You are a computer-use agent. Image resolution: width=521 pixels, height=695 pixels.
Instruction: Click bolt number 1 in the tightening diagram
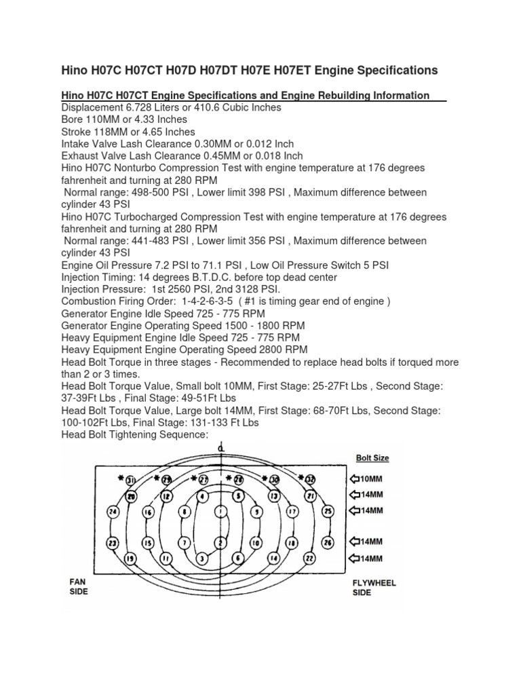(x=219, y=510)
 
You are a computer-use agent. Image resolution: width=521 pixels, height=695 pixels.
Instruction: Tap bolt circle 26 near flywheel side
(x=328, y=542)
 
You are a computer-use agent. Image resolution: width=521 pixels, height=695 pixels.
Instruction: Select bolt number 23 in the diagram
(x=113, y=542)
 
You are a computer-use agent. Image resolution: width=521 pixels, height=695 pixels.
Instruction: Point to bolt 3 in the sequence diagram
(x=201, y=558)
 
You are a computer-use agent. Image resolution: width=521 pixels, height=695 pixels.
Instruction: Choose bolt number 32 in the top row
(x=310, y=479)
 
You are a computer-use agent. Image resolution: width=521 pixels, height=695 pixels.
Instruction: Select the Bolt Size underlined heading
(x=372, y=458)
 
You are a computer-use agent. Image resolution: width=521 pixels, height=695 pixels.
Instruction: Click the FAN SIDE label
(x=79, y=586)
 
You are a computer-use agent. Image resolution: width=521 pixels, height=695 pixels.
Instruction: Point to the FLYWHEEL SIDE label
(x=374, y=588)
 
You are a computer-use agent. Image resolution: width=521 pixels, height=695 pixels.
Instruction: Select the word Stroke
(x=76, y=132)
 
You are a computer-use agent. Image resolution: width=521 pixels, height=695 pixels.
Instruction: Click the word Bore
(x=72, y=119)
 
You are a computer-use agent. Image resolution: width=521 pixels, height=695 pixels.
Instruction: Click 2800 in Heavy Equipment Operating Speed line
(x=271, y=350)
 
